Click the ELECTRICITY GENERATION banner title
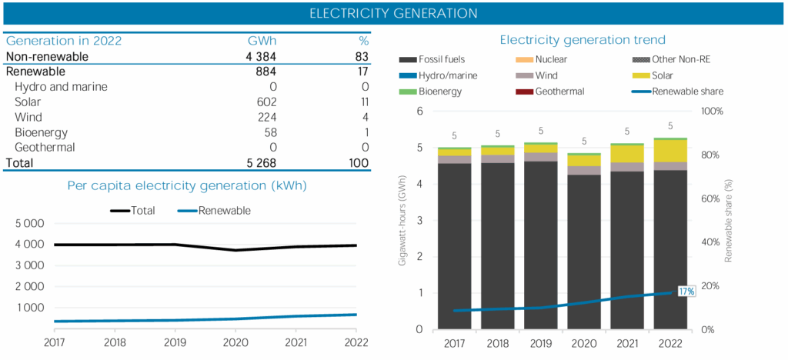point(393,14)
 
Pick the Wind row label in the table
point(28,117)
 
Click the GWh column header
point(262,42)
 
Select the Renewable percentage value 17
point(362,72)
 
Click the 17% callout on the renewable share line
point(686,291)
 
